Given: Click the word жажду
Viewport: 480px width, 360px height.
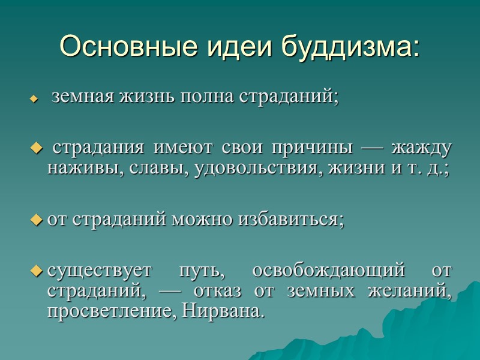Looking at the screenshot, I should click(x=422, y=148).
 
